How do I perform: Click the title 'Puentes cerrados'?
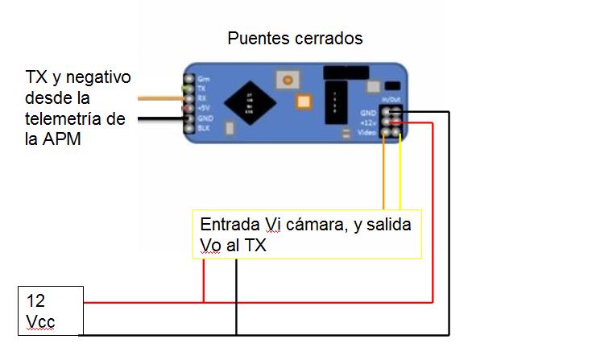pyautogui.click(x=295, y=38)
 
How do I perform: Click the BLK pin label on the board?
pyautogui.click(x=203, y=127)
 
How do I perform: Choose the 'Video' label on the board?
pyautogui.click(x=367, y=131)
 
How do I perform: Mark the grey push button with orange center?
pyautogui.click(x=284, y=80)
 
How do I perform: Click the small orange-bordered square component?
pyautogui.click(x=303, y=101)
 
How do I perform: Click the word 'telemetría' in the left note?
pyautogui.click(x=72, y=119)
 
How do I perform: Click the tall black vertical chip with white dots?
pyautogui.click(x=333, y=102)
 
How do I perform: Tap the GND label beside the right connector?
pyautogui.click(x=368, y=112)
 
